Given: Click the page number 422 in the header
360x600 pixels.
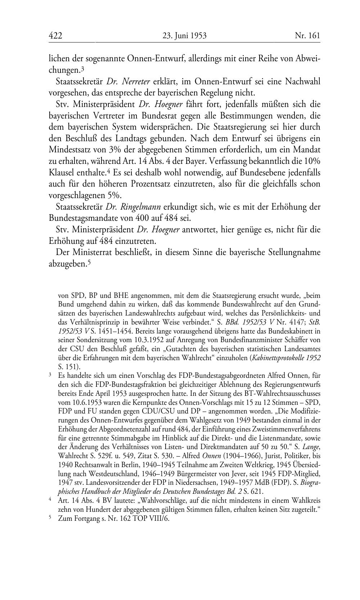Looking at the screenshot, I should tap(55, 36).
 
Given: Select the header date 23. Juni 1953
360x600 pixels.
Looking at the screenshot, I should tap(184, 36).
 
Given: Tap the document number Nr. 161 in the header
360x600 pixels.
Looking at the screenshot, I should tap(307, 36).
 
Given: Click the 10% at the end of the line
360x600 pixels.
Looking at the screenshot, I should tap(312, 161).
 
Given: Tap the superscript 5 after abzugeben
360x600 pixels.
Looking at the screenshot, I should tap(89, 263).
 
